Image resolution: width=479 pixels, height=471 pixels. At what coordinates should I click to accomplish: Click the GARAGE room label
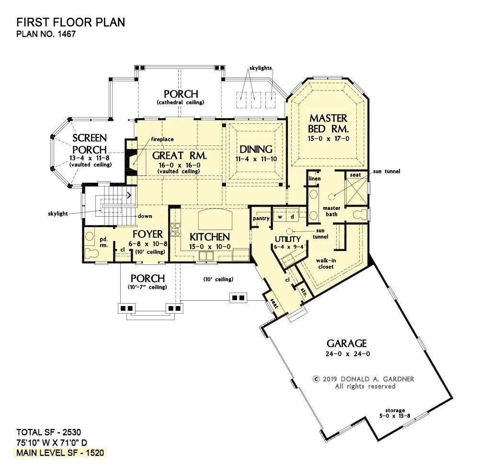347,343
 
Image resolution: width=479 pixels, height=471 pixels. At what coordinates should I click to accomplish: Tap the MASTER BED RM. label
329,123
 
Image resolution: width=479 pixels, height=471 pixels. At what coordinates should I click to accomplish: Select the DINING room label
256,149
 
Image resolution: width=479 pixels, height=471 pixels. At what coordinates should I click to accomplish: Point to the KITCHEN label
210,237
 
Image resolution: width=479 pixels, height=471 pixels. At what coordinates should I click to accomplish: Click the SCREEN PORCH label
90,144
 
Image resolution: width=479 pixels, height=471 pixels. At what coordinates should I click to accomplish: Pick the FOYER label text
148,234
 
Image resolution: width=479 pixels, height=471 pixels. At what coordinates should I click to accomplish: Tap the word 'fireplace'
162,140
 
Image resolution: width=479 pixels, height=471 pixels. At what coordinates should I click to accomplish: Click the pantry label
261,219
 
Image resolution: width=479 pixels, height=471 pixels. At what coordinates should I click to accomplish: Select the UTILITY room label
288,239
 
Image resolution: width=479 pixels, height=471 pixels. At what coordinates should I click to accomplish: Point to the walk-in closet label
326,263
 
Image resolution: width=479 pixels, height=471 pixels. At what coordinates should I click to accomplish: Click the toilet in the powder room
91,253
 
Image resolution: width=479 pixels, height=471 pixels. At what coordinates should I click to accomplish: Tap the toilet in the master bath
360,214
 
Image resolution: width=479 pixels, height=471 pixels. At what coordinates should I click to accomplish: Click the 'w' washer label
280,217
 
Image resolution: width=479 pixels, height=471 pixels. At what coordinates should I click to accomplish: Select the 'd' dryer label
292,217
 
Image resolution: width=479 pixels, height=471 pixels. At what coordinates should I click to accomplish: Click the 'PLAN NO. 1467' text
46,34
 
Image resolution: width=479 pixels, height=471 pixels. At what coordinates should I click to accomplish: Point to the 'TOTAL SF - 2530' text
48,432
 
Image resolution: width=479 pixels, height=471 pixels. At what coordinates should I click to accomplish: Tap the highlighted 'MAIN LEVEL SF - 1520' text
60,453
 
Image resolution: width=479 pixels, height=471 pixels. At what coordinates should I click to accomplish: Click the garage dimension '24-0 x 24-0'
347,354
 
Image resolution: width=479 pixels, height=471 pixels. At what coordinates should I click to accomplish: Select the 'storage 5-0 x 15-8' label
395,413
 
